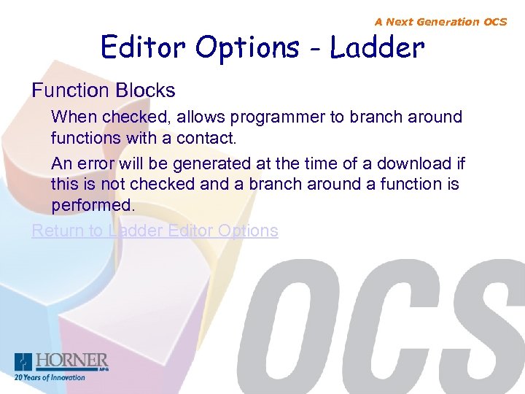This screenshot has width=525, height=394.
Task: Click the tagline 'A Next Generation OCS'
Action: point(440,22)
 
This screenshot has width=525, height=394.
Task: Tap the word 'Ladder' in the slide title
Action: point(377,48)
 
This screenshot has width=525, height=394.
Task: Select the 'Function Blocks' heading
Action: point(104,90)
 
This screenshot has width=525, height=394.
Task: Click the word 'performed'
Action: point(93,205)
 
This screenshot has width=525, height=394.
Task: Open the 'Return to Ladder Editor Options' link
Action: point(155,231)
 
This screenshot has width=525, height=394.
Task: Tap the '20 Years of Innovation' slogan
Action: point(50,378)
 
